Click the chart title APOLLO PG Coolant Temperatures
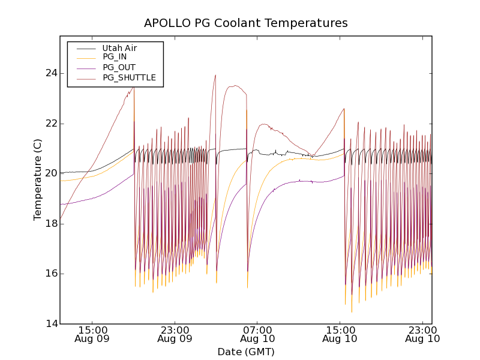pyautogui.click(x=246, y=23)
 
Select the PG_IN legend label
pyautogui.click(x=115, y=57)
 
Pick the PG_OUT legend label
pyautogui.click(x=119, y=67)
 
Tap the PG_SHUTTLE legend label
pyautogui.click(x=129, y=77)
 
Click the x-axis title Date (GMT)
pyautogui.click(x=246, y=352)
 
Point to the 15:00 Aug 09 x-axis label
pyautogui.click(x=92, y=334)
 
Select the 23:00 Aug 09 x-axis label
pyautogui.click(x=175, y=334)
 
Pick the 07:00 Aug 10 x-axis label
pyautogui.click(x=258, y=334)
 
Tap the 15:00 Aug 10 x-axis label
pyautogui.click(x=341, y=334)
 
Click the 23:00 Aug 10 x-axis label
pyautogui.click(x=423, y=334)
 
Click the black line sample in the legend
pyautogui.click(x=86, y=48)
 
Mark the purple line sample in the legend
pyautogui.click(x=86, y=67)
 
